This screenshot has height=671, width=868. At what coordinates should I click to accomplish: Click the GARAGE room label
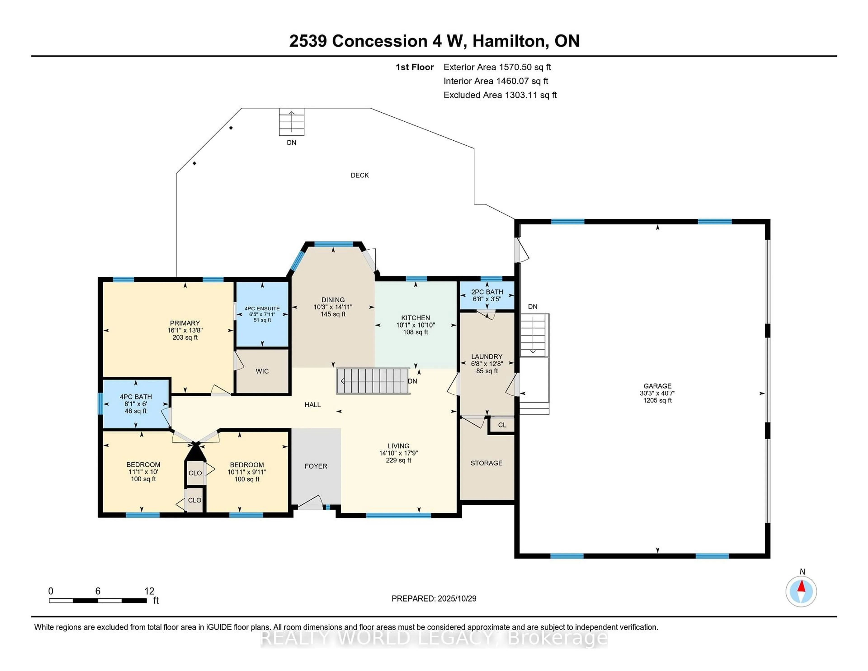point(657,386)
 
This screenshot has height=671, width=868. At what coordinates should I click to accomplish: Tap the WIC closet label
point(262,371)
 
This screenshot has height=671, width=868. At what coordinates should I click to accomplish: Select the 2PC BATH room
point(487,295)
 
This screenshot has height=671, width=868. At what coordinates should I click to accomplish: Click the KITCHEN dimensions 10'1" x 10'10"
point(415,325)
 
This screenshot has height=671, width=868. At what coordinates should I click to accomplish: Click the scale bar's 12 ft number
point(149,591)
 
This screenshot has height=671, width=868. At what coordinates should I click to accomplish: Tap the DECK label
point(360,175)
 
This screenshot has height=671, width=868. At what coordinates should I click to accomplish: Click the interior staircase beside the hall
point(373,381)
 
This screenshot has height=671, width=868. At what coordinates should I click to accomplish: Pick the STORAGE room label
point(486,463)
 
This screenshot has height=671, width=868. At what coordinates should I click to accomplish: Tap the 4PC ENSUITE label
point(262,308)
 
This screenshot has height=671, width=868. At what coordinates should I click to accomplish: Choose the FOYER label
point(316,466)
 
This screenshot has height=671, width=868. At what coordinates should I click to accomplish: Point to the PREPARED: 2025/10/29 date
point(434,598)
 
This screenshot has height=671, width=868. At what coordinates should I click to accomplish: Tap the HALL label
point(312,405)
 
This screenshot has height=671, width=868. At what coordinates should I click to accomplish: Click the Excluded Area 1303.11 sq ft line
point(500,95)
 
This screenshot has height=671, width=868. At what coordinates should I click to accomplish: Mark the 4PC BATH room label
point(136,397)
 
